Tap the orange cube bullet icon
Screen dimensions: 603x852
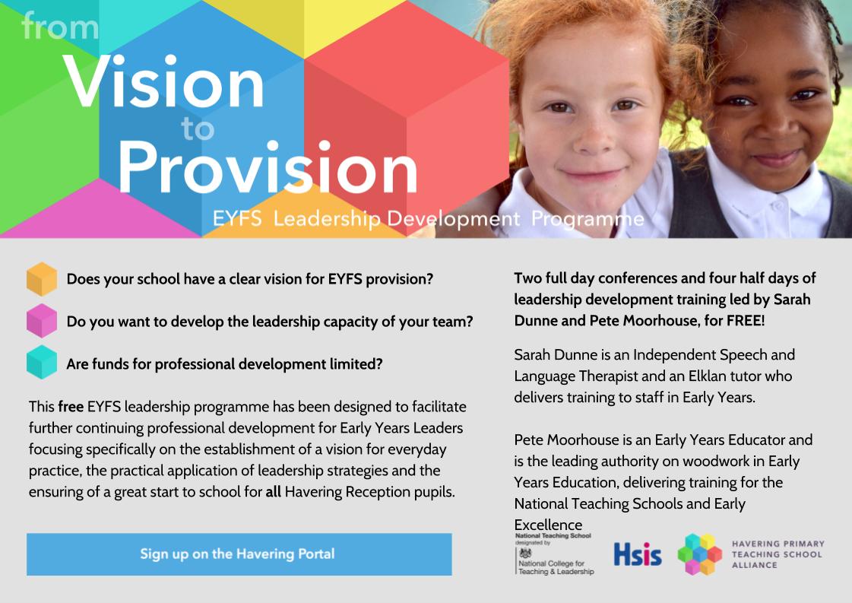pos(42,279)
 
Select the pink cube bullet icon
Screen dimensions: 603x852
pos(42,321)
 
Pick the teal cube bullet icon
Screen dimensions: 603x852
pos(42,363)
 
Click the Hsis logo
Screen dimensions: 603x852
pos(637,554)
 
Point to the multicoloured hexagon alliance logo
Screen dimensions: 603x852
pos(699,554)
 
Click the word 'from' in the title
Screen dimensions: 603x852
pos(60,27)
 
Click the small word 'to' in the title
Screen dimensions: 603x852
pos(198,129)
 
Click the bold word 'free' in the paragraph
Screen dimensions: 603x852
pos(71,406)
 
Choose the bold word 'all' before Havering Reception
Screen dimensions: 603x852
pos(274,491)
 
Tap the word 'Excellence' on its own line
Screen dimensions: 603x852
pos(548,525)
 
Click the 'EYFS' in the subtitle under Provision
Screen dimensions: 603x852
pos(237,220)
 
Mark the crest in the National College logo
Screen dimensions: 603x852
pos(523,553)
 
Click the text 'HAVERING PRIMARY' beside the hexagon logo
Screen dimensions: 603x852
pos(778,544)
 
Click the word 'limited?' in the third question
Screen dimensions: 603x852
pos(356,363)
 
